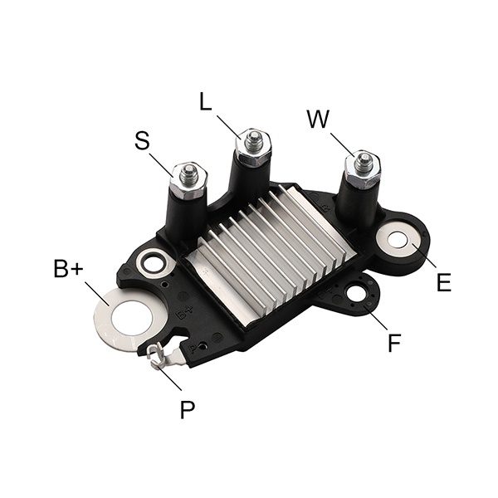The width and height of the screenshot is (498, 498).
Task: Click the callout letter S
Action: (x=142, y=141)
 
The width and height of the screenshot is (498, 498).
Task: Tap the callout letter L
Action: (x=206, y=101)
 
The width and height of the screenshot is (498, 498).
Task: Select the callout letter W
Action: (x=318, y=119)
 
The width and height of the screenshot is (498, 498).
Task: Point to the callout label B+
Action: (x=69, y=268)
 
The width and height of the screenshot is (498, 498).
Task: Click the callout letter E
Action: (x=444, y=282)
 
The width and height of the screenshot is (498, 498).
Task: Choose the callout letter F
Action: (x=394, y=342)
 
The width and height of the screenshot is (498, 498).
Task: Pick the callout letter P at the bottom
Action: (x=188, y=409)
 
